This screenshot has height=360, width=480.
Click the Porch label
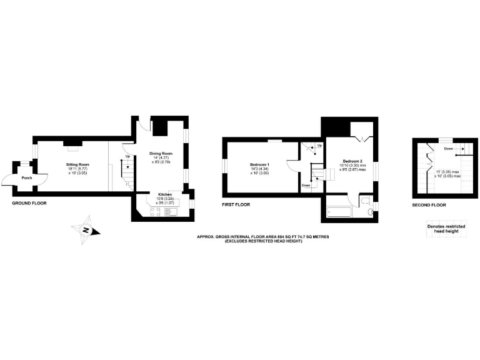(x=27, y=177)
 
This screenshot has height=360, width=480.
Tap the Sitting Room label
(x=79, y=164)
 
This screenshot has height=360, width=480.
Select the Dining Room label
(x=161, y=154)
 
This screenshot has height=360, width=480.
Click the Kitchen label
(x=165, y=194)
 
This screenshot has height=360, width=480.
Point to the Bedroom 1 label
(x=261, y=164)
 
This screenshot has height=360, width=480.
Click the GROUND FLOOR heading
(x=29, y=203)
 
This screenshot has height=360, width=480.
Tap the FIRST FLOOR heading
(x=236, y=204)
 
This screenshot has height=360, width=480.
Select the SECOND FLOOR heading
(x=429, y=204)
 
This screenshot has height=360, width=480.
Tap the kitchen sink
(x=172, y=211)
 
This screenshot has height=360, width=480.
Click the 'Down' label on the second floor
(x=449, y=149)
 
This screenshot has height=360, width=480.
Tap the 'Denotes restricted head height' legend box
(x=446, y=229)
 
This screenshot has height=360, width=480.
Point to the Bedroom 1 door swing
(x=292, y=168)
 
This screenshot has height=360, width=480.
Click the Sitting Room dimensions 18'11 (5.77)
(x=79, y=169)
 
